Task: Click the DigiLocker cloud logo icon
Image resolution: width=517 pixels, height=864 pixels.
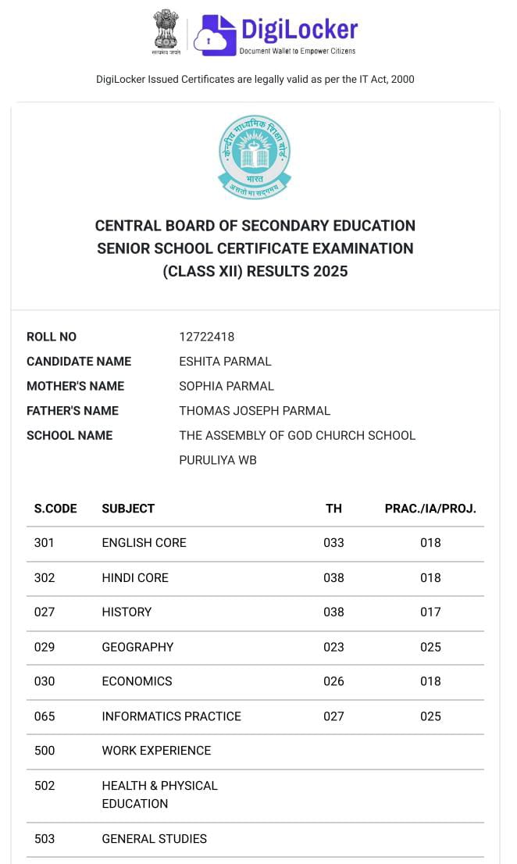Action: [x=215, y=34]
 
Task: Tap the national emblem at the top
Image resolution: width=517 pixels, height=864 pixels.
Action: [x=166, y=31]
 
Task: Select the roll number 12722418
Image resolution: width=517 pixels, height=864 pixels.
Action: [x=207, y=337]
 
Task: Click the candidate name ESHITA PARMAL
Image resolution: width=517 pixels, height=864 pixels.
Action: [x=225, y=362]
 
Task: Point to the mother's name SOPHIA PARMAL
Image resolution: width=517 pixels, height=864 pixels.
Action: [x=226, y=386]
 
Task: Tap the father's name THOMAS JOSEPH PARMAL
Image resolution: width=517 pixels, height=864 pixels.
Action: [x=255, y=411]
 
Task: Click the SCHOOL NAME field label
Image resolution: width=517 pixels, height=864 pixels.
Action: [x=70, y=435]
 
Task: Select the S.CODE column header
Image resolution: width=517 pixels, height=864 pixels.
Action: [x=55, y=509]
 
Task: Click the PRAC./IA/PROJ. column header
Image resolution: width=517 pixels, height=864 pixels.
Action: [x=430, y=509]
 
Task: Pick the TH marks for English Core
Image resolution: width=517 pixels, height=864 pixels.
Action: [x=333, y=543]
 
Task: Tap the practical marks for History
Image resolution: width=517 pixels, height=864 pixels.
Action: [x=430, y=612]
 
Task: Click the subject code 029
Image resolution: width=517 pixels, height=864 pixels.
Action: [x=45, y=647]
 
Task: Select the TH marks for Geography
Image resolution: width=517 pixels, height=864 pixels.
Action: [x=333, y=647]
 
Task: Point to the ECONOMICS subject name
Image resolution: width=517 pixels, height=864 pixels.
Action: [x=137, y=681]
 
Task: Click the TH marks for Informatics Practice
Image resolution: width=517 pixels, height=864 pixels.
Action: [x=333, y=716]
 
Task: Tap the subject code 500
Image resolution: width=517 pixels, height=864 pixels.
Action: [x=45, y=751]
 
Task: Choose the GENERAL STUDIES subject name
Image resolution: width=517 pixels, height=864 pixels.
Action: [x=154, y=839]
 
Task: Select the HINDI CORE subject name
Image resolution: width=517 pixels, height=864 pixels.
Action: [x=135, y=578]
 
